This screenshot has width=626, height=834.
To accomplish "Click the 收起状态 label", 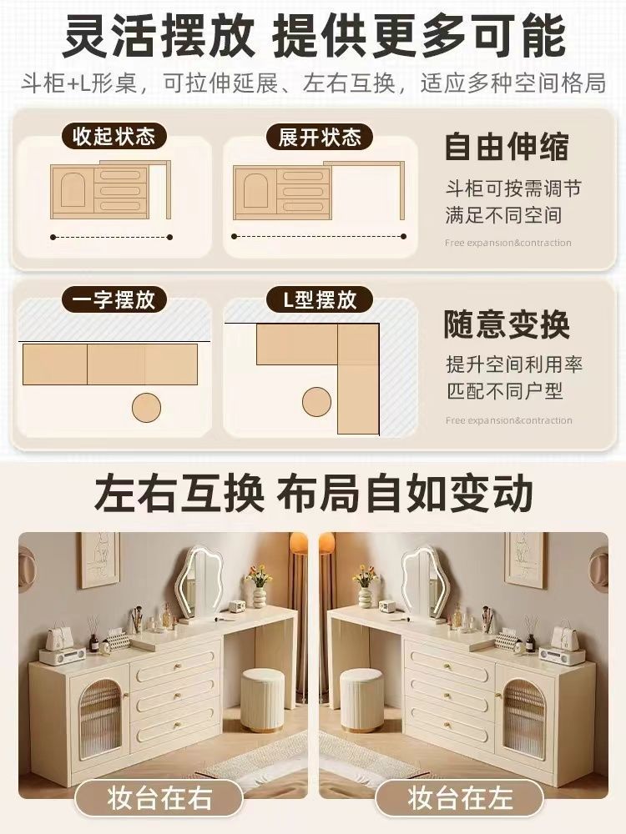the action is pos(114,136).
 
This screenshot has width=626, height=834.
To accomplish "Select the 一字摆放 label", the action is pos(114,300).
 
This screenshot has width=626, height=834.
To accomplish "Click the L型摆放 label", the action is pos(320,300).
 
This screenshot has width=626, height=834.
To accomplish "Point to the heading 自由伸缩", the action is pos(507,147).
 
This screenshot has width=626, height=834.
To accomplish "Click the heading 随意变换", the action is pos(507,324).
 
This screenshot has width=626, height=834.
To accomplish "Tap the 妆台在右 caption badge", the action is pos(159,799).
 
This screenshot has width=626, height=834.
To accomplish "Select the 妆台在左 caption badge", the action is pos(459,799).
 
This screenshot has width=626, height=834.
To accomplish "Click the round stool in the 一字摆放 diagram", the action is pos(146,408).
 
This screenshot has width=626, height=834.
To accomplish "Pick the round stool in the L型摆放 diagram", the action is pos(316,402).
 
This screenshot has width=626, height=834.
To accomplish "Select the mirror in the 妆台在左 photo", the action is pos(422,582).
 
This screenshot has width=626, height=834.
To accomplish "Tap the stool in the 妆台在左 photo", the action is pos(362,700).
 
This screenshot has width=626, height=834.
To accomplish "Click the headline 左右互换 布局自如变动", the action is pos(314,494).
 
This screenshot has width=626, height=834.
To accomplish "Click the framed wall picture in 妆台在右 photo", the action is pos(99,560).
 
